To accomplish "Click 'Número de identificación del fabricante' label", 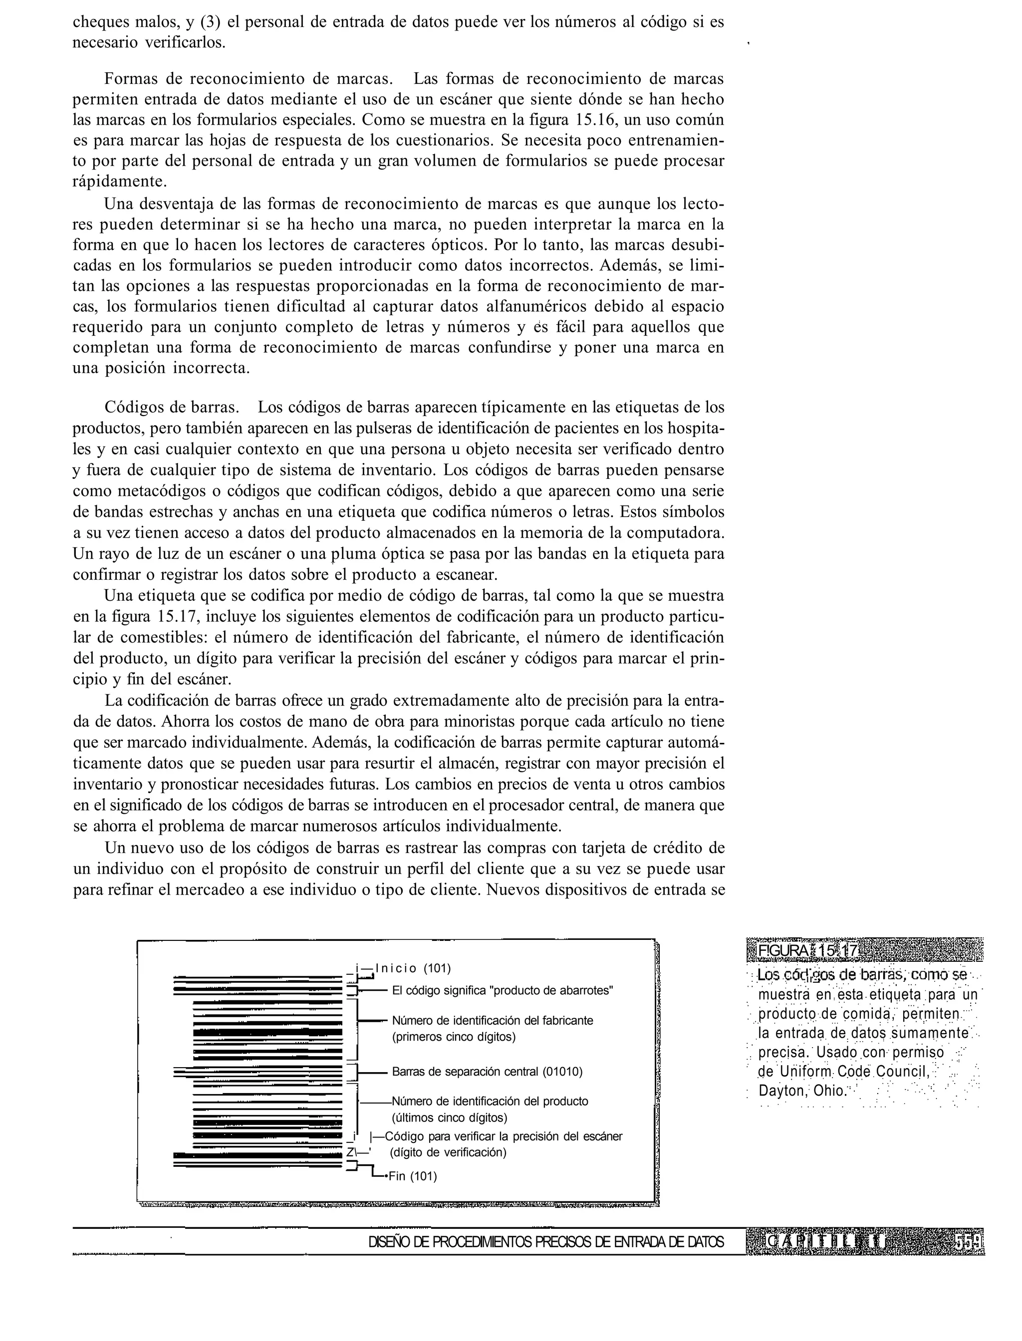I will coord(492,1021).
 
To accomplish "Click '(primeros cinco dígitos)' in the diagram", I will coord(453,1037).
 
